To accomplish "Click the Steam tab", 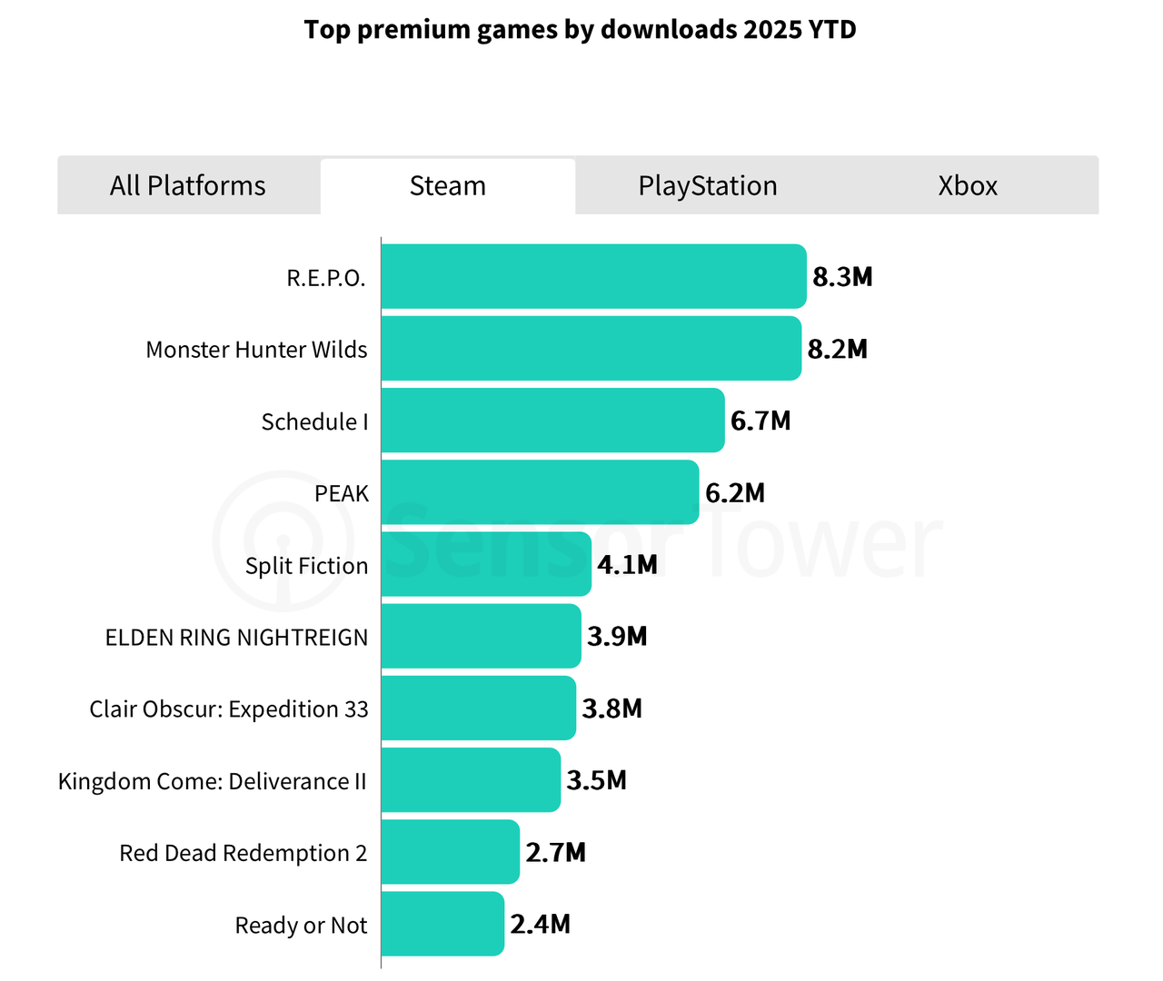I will (448, 186).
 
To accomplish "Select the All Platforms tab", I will (188, 186).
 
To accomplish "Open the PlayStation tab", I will (708, 186).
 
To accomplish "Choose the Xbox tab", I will (968, 186).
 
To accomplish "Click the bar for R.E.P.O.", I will (593, 276).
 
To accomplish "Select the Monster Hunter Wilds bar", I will (591, 349).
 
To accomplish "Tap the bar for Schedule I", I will (552, 421).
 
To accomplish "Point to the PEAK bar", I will (540, 492).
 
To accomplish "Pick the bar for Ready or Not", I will (442, 924).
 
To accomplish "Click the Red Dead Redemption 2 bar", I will (450, 852).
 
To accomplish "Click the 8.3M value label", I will (842, 277).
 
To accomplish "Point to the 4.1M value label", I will (627, 565).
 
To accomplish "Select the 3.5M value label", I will (597, 780).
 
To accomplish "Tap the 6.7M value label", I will (760, 421).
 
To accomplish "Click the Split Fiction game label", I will (306, 566).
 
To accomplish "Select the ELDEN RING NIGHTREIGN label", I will (236, 638).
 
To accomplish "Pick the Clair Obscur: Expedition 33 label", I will (229, 709).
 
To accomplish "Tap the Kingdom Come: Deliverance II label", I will (213, 781).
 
